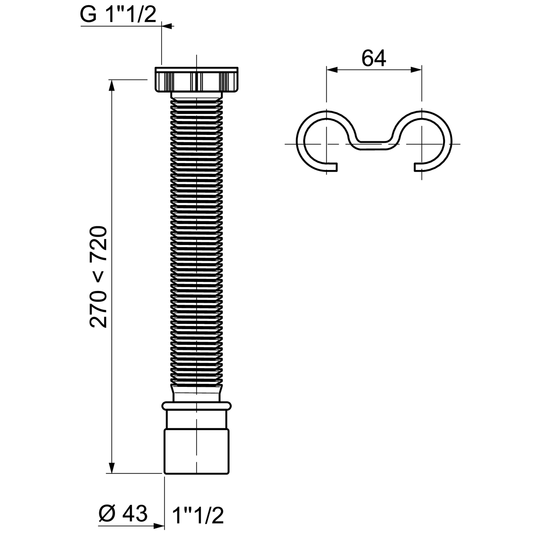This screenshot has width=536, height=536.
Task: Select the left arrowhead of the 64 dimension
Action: click(x=332, y=70)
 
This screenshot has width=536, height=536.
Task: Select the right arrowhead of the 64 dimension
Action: click(x=416, y=70)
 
